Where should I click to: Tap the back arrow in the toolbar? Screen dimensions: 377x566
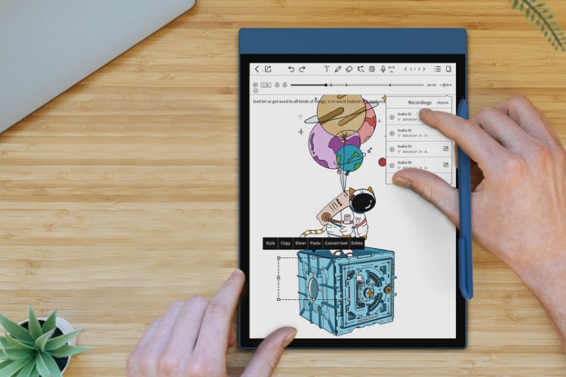coord(257,69)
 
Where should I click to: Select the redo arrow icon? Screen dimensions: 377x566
coord(303,69)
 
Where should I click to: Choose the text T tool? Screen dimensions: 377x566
coord(327,69)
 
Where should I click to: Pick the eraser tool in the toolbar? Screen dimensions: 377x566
coord(349,69)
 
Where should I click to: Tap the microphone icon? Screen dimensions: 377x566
coord(383,69)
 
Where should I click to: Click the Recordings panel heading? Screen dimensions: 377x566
coord(419,103)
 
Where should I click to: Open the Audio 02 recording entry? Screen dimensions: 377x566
coord(408,133)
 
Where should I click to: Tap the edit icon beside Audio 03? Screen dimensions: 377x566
coord(446,149)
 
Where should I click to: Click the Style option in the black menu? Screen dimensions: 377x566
coord(270,244)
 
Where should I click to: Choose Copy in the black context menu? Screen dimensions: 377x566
coord(285,244)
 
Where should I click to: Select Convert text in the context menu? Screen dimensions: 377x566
coord(336,244)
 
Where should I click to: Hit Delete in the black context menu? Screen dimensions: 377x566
coord(357,244)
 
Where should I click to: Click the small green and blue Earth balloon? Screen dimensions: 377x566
coord(349,158)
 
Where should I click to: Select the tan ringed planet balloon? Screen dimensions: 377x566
coord(341,113)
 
